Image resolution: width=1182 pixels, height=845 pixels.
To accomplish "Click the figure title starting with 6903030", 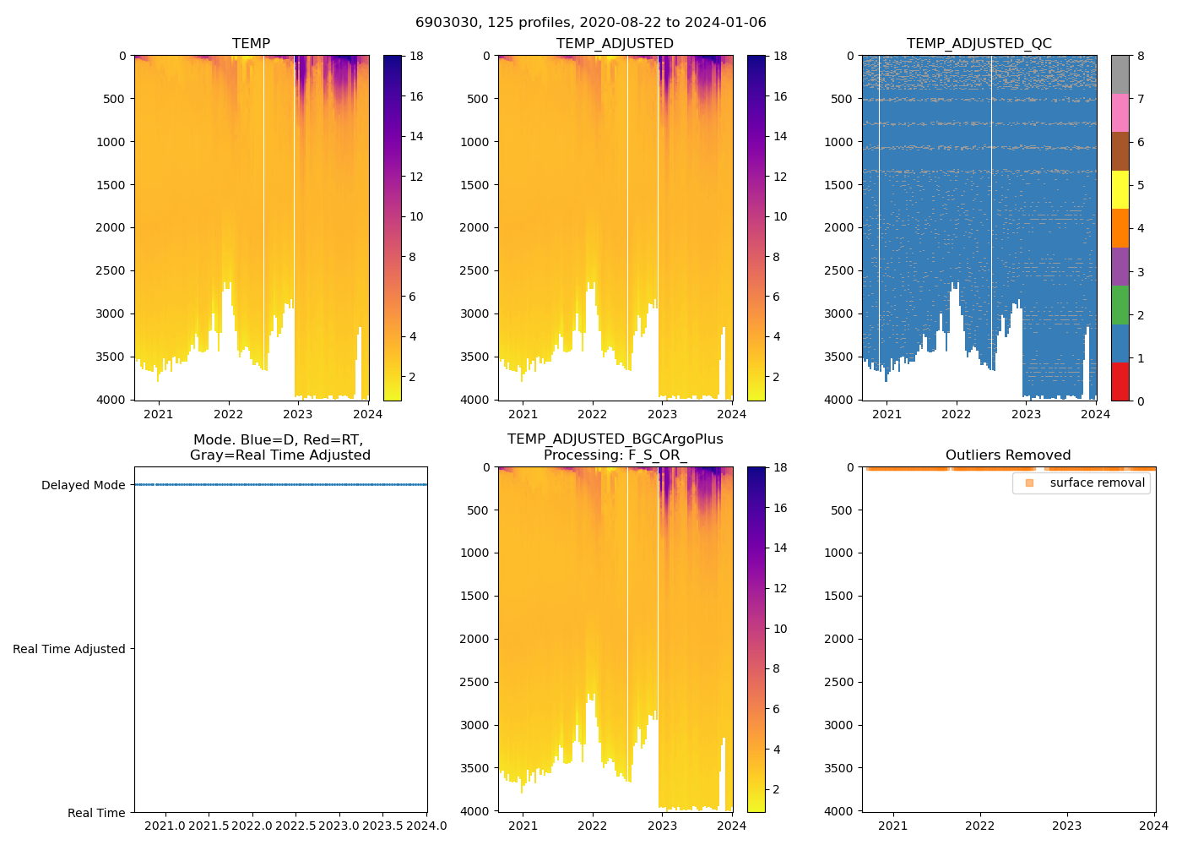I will click(x=590, y=23).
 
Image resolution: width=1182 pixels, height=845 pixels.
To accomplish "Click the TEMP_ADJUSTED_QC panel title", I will click(x=979, y=44).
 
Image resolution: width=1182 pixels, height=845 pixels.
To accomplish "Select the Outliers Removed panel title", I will click(x=1008, y=455).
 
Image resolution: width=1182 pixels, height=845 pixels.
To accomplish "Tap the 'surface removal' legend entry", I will click(x=1097, y=483).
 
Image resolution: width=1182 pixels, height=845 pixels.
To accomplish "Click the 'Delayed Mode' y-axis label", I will click(x=83, y=485).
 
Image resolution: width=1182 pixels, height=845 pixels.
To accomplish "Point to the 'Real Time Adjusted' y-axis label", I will click(x=68, y=649).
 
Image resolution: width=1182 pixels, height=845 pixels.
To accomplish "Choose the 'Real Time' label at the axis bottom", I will click(x=96, y=813).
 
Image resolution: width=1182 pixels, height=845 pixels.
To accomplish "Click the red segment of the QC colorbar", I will click(x=1120, y=381).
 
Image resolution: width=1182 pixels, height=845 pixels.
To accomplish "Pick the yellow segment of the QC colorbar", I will click(x=1120, y=189).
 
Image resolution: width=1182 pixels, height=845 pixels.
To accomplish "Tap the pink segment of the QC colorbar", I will click(x=1120, y=112).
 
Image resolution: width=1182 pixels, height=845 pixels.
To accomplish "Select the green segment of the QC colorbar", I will click(x=1120, y=304).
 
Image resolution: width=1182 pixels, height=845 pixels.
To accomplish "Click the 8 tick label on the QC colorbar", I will click(x=1141, y=57).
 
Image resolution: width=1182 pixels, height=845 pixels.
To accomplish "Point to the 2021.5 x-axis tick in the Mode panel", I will click(x=209, y=826).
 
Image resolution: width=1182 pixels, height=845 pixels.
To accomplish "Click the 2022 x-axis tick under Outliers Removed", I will click(x=979, y=826).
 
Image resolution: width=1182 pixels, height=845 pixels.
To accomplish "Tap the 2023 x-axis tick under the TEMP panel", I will click(x=298, y=414).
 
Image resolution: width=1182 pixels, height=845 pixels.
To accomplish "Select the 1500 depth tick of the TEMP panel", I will click(x=111, y=185).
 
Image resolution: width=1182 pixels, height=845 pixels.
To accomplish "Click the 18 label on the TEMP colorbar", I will click(x=416, y=57).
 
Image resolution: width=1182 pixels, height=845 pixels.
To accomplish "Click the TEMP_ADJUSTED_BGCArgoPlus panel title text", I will click(x=615, y=439).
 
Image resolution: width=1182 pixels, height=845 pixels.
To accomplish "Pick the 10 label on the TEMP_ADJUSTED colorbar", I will click(x=780, y=217).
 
